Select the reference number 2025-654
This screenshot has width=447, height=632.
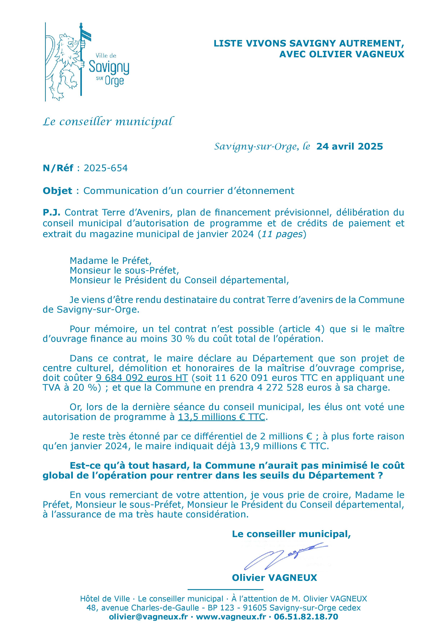[106, 168]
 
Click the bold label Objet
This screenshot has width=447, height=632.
[57, 191]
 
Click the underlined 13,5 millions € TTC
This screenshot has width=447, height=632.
[222, 417]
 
